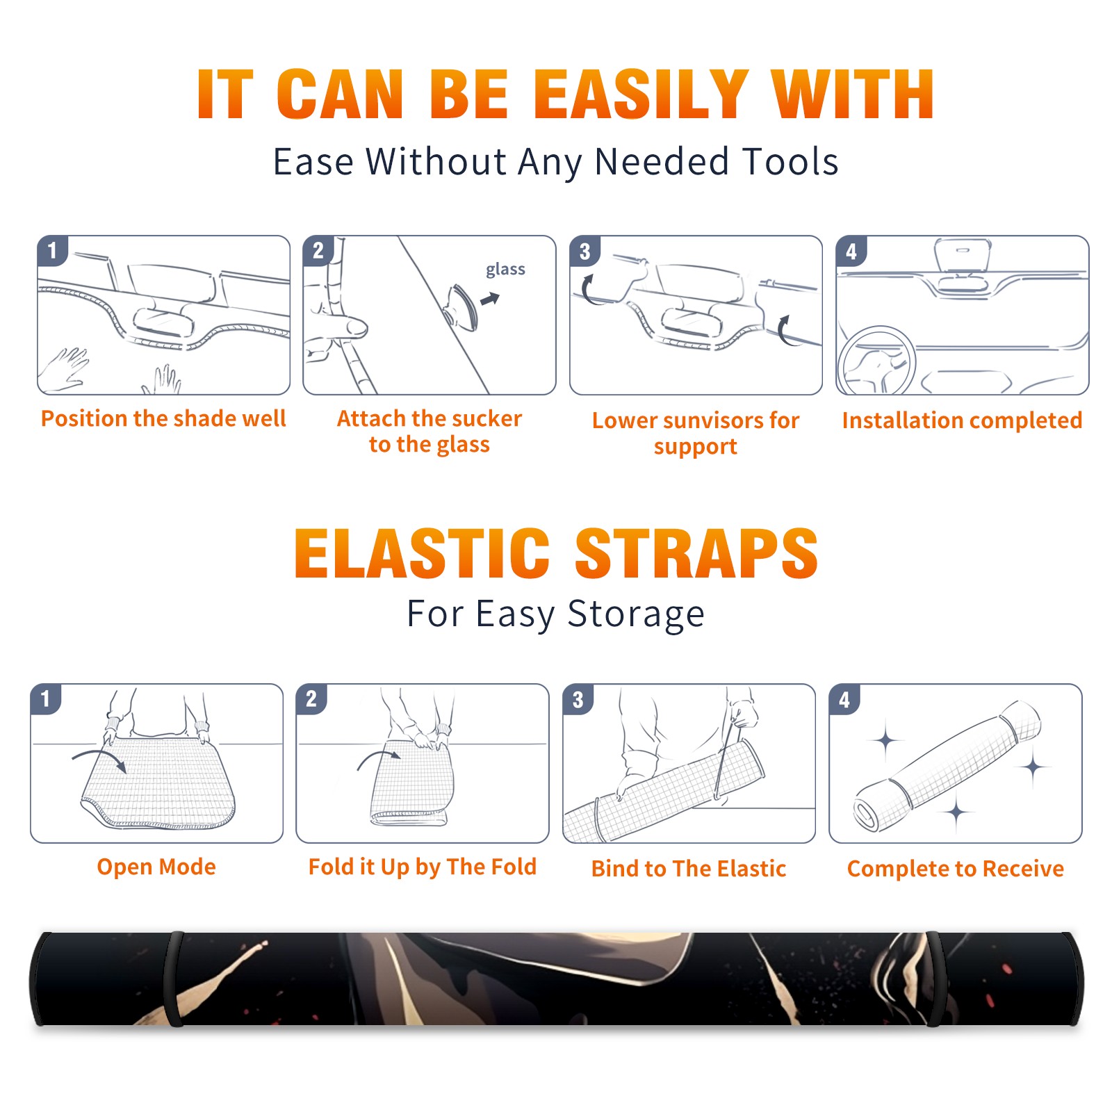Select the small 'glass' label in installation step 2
pyautogui.click(x=505, y=270)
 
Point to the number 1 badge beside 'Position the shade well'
pyautogui.click(x=52, y=250)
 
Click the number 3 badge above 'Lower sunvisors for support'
pyautogui.click(x=584, y=251)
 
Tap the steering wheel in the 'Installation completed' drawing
pyautogui.click(x=876, y=360)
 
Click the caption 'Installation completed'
pyautogui.click(x=962, y=420)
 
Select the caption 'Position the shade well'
pyautogui.click(x=163, y=418)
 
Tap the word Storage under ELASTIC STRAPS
pyautogui.click(x=636, y=614)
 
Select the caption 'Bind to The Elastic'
pyautogui.click(x=689, y=868)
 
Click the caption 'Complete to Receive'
pyautogui.click(x=956, y=869)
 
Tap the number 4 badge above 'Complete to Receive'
pyautogui.click(x=844, y=699)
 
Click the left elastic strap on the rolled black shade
pyautogui.click(x=174, y=979)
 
